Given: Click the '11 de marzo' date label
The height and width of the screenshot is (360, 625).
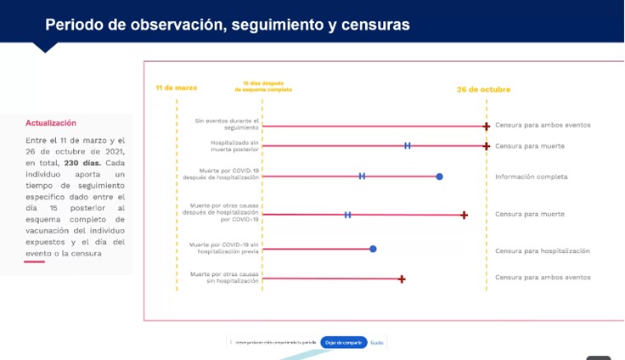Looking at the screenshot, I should pyautogui.click(x=177, y=87).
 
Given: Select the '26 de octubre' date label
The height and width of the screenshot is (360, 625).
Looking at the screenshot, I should pyautogui.click(x=483, y=89).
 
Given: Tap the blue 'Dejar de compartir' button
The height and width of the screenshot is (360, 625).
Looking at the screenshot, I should pyautogui.click(x=344, y=342).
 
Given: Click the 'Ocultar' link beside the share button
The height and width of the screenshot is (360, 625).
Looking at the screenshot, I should pyautogui.click(x=377, y=342).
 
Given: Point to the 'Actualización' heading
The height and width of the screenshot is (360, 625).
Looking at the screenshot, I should pyautogui.click(x=51, y=123).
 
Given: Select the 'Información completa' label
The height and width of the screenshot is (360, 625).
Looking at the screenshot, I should pyautogui.click(x=531, y=177).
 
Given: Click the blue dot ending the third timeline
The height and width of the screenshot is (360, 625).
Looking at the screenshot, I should pyautogui.click(x=439, y=177).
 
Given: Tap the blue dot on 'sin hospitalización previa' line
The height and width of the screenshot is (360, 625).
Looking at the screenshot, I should pyautogui.click(x=373, y=249).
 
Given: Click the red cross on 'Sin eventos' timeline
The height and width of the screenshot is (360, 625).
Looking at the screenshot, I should pyautogui.click(x=487, y=127).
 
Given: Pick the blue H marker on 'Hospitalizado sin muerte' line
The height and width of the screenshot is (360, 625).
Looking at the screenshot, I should pyautogui.click(x=408, y=146).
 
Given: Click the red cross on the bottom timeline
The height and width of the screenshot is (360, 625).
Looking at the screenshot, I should pyautogui.click(x=402, y=278).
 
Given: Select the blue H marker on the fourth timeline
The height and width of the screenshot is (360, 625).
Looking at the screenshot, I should pyautogui.click(x=347, y=215).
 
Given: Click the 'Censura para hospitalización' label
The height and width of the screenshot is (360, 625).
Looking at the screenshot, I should pyautogui.click(x=542, y=250).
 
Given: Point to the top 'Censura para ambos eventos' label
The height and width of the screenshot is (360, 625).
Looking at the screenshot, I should pyautogui.click(x=542, y=125).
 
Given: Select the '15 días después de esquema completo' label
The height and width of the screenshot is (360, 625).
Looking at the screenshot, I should pyautogui.click(x=262, y=86).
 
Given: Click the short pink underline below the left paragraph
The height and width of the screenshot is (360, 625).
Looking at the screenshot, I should pyautogui.click(x=34, y=262).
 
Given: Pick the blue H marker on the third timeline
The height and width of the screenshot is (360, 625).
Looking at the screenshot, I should pyautogui.click(x=362, y=177).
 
